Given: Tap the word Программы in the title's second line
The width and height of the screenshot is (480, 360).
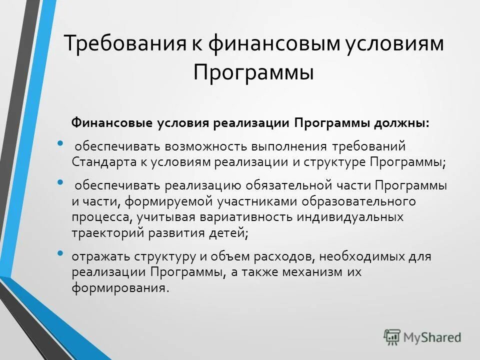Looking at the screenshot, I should [x=253, y=73].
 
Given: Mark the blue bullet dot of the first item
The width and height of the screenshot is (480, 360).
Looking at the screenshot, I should [x=60, y=144].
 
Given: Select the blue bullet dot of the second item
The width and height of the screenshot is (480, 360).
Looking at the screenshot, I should [x=60, y=183].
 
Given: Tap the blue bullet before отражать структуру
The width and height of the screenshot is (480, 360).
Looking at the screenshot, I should [x=60, y=253].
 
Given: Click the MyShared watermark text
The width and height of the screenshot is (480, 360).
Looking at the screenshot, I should [x=432, y=337].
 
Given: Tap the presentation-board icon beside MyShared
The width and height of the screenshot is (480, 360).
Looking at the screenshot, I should [x=392, y=337].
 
